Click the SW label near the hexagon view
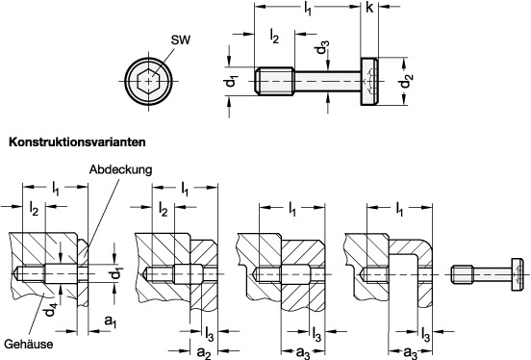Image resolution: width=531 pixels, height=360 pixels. [181, 40]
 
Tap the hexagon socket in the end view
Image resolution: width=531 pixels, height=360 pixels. [148, 81]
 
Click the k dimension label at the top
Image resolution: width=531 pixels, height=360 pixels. [369, 7]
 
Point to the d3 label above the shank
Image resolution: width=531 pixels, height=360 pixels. [322, 47]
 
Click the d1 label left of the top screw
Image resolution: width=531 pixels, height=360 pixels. [233, 82]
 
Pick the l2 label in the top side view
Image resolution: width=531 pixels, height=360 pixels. [274, 37]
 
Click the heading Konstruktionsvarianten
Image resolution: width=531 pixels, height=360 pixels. [77, 142]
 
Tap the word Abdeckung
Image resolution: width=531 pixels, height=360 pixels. [120, 169]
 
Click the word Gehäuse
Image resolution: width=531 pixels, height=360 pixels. [29, 345]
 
